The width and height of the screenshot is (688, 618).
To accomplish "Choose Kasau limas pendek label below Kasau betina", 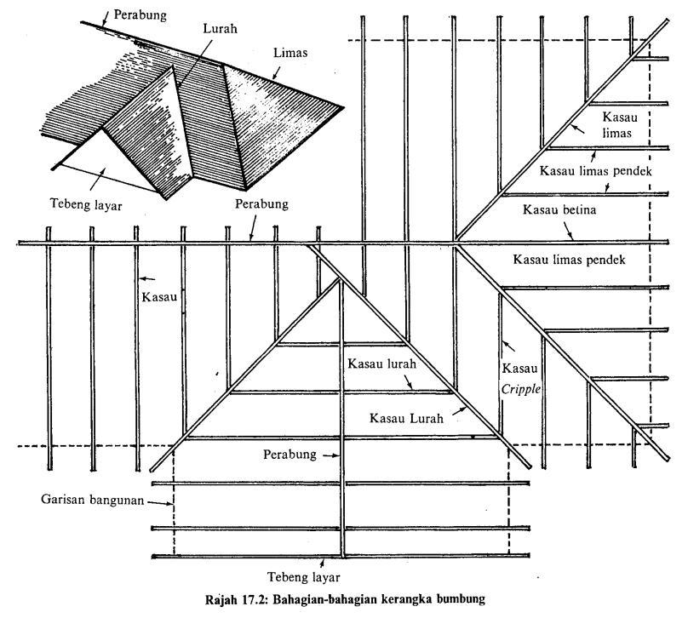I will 570,260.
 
